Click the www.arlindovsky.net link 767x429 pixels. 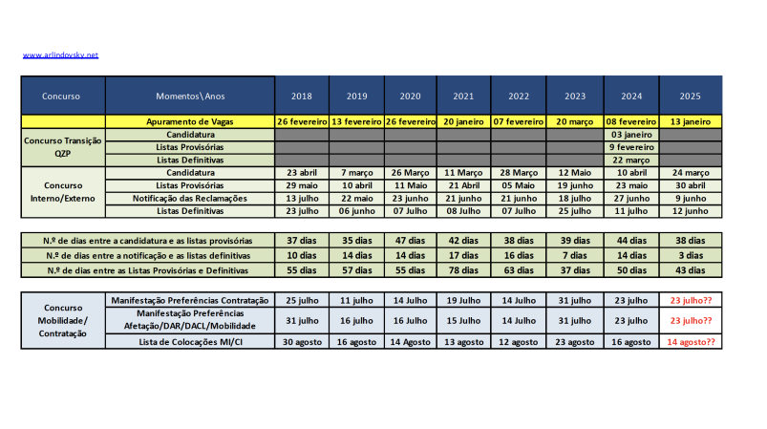(60, 55)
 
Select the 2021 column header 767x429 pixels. (464, 96)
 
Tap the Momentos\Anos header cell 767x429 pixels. (190, 96)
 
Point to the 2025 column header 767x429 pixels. (691, 96)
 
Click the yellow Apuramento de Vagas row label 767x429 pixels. (190, 122)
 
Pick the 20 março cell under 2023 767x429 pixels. (575, 122)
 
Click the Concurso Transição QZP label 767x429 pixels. (63, 148)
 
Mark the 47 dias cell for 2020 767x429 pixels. (411, 241)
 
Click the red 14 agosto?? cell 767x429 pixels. (691, 341)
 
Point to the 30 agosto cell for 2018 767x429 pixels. (302, 341)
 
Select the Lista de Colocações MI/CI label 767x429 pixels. (190, 341)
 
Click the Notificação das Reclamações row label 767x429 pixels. (190, 198)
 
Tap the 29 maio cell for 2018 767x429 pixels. (302, 184)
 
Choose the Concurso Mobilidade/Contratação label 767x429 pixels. (63, 321)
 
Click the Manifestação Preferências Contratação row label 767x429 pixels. (190, 300)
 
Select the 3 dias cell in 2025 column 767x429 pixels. (691, 256)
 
